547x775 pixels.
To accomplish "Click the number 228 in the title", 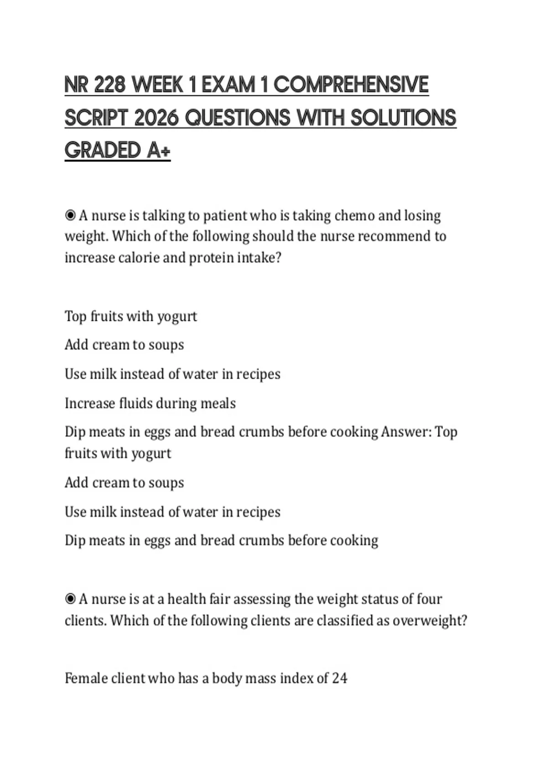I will pos(109,85).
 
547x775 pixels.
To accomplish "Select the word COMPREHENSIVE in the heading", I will pos(351,85).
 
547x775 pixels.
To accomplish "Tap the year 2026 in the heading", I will pos(156,118).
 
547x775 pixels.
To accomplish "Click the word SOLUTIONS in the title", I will pos(403,118).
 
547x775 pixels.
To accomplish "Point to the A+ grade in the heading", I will pos(159,151).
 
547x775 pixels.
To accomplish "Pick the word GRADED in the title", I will pos(103,151).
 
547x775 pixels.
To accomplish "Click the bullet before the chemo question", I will pos(70,215).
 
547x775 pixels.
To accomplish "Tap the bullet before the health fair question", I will pos(70,599).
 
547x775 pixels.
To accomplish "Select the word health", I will pos(186,599).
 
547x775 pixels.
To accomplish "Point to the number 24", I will pos(339,678).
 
